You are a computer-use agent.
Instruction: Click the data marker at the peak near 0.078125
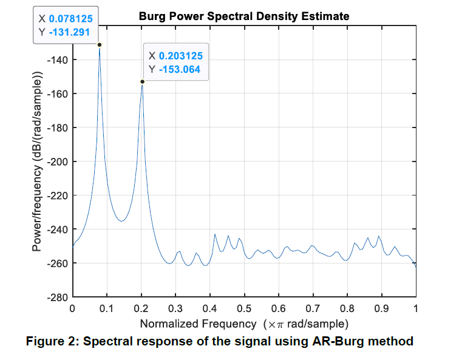coord(100,44)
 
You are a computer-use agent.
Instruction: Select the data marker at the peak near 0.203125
coord(142,81)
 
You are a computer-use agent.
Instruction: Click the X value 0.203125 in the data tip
coord(180,56)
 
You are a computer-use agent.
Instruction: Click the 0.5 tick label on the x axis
coord(244,308)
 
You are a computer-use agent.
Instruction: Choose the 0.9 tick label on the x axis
coord(381,308)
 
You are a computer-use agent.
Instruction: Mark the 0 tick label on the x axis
coord(73,308)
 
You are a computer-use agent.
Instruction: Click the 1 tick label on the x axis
coord(416,308)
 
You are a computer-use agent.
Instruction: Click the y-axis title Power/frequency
coord(38,161)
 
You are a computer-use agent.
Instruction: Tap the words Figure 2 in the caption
coord(52,341)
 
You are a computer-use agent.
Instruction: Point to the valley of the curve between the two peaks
coord(121,221)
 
